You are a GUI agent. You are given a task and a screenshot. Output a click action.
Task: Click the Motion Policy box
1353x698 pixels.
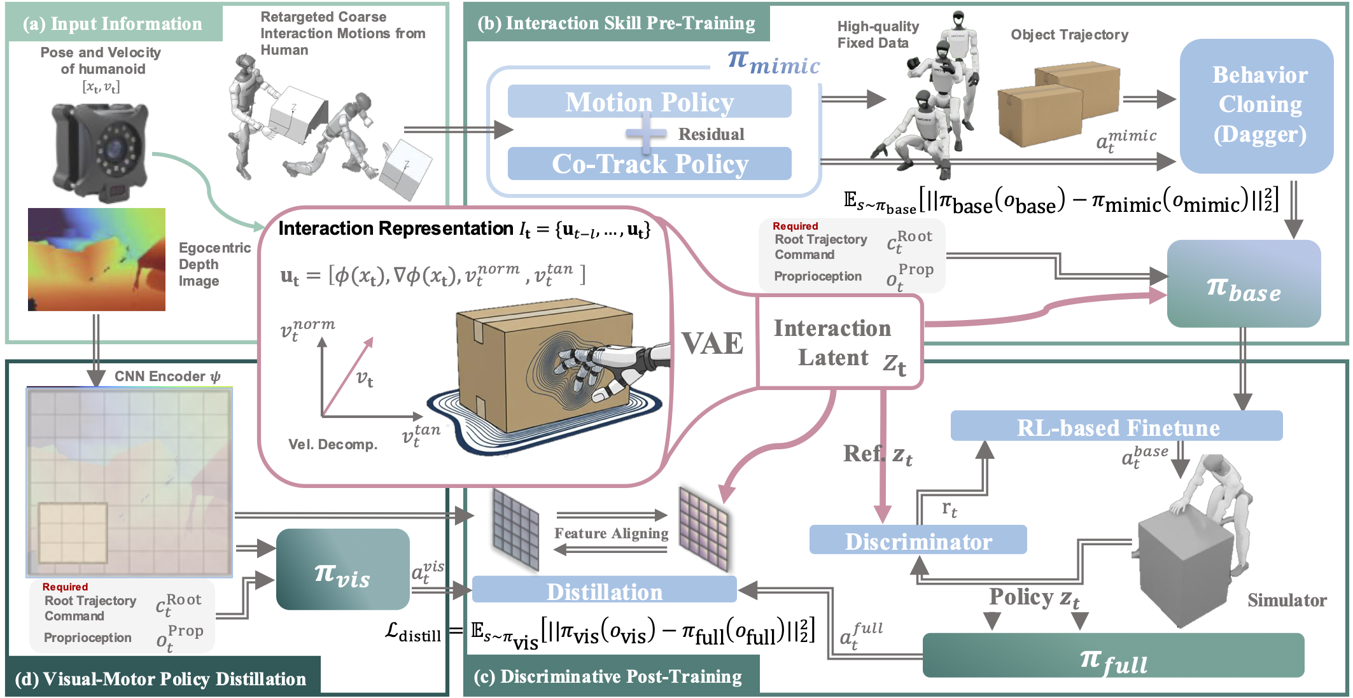pos(649,102)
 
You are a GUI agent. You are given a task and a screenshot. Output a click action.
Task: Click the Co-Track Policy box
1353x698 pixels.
pos(649,164)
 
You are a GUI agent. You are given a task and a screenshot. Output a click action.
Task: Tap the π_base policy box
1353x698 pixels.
pos(1243,284)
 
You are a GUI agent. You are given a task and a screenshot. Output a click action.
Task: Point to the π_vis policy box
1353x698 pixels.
pos(342,569)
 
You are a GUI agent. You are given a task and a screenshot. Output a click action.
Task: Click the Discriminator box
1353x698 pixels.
pos(917,540)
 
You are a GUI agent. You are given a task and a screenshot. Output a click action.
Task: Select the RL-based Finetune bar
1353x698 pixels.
pos(1116,426)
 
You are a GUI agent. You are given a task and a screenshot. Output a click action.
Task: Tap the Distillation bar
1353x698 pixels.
pos(604,590)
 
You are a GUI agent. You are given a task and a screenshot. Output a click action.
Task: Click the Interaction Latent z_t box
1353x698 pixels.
pos(839,343)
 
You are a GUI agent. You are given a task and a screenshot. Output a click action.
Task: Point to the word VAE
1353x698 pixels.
pos(712,343)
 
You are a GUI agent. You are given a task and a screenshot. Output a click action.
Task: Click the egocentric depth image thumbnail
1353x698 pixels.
pos(97,259)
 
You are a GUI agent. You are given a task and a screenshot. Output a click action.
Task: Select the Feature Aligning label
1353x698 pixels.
pos(611,533)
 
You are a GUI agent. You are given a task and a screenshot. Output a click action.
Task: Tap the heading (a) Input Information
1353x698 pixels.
pos(113,24)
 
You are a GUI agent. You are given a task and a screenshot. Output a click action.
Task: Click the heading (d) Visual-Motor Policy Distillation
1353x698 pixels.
pos(160,678)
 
